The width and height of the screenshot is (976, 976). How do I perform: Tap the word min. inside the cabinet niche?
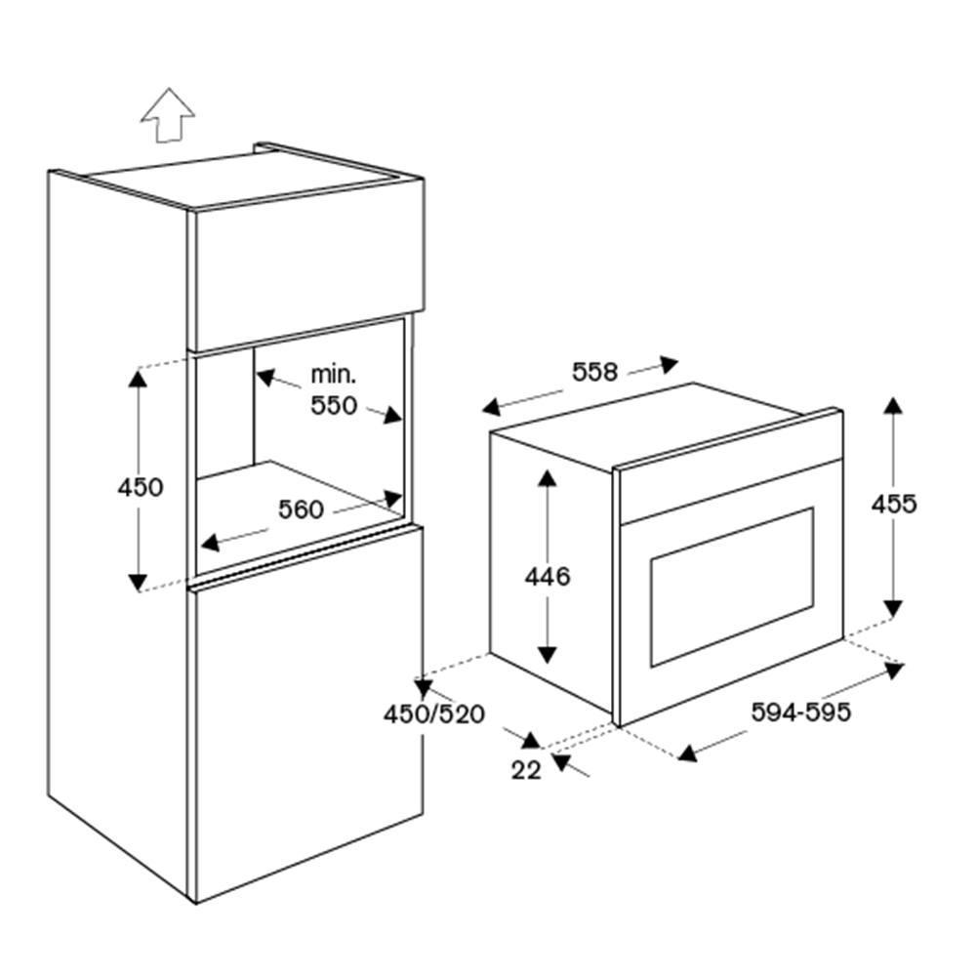click(x=334, y=375)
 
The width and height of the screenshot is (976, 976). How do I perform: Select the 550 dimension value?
click(x=334, y=405)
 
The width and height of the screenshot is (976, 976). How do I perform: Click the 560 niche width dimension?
click(x=301, y=509)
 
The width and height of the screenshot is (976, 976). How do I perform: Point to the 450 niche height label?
click(x=141, y=487)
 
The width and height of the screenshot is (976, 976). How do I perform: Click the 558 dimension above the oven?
click(x=594, y=372)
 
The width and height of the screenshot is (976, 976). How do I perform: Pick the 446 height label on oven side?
click(x=548, y=577)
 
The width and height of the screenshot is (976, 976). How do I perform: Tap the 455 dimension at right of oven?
click(x=894, y=505)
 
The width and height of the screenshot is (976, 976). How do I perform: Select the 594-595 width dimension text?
click(x=800, y=712)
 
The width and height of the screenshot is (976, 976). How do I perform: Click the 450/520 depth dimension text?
click(x=434, y=714)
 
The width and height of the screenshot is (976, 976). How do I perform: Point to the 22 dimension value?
click(x=527, y=771)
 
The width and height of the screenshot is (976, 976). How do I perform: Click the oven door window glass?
click(x=732, y=588)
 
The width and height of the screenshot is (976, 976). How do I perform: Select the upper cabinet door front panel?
click(x=306, y=264)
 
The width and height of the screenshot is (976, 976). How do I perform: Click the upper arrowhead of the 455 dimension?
click(x=893, y=406)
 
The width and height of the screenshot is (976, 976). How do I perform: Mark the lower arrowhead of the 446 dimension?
click(x=548, y=655)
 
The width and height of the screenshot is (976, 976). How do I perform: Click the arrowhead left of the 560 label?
click(x=211, y=542)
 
